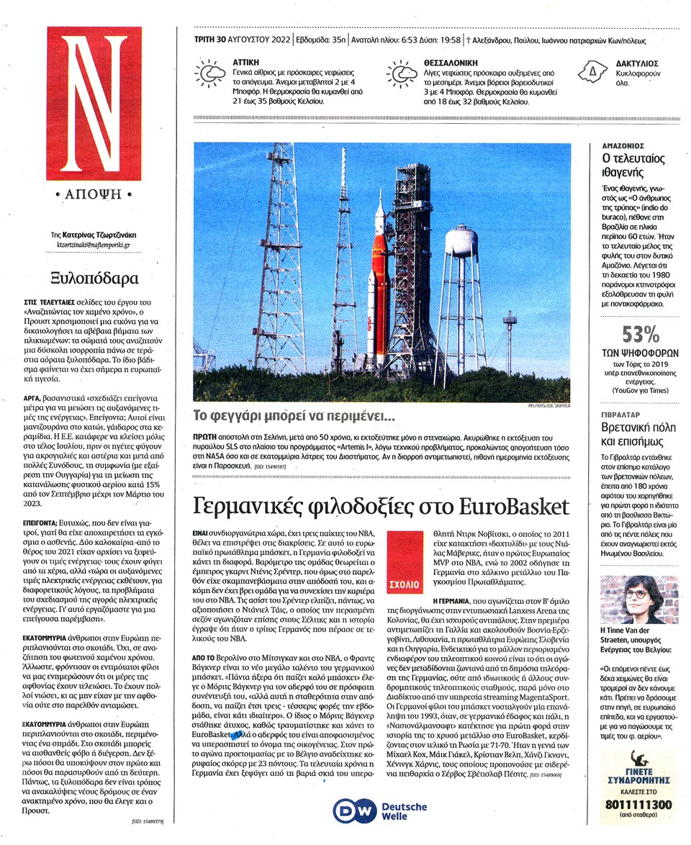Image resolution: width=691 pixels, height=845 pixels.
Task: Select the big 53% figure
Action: (x=641, y=334)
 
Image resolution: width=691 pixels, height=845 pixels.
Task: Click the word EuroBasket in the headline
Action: (x=512, y=506)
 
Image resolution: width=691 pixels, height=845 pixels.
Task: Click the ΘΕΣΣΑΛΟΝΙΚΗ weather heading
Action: (x=444, y=63)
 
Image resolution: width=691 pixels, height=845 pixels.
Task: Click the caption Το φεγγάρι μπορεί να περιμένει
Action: (x=294, y=416)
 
